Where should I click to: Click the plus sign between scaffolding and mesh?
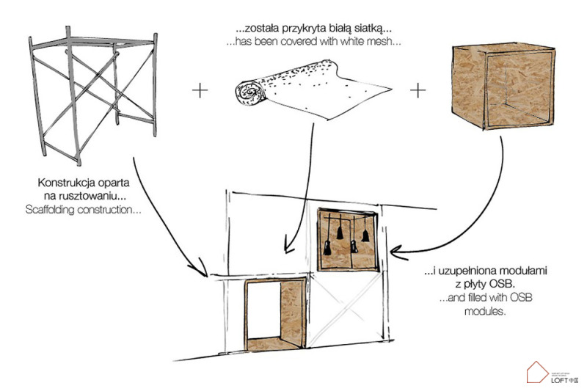click(199, 91)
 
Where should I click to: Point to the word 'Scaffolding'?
click(76, 210)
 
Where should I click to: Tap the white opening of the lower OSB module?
click(260, 315)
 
